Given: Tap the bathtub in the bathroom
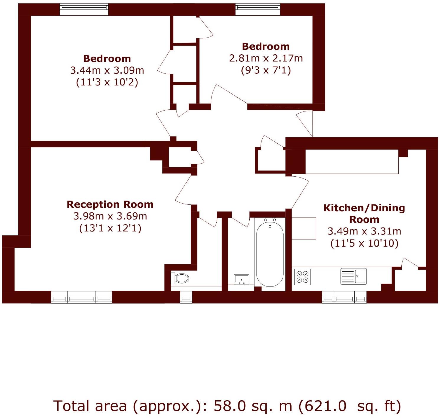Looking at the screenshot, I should point(270,254).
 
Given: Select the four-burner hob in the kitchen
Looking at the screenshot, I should point(302,277).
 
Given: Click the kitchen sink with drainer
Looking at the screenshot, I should point(354,276).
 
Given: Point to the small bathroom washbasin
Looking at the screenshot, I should point(241,279).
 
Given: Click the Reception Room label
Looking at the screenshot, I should point(110,204).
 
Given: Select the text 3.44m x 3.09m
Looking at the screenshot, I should point(107,70).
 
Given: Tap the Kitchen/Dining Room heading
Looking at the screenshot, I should point(364,214).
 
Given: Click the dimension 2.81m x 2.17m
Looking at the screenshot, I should point(266,58).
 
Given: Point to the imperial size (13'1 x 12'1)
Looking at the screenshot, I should point(110,228).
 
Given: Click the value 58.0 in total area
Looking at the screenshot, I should point(230,406).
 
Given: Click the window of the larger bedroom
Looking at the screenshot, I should point(84,9).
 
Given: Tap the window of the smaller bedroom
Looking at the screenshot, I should point(257,9).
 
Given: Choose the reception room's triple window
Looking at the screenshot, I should point(81,297).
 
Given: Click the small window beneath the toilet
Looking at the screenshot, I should point(186,297).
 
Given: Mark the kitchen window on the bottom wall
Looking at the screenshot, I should point(344,297).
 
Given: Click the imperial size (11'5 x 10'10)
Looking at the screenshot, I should point(364,243).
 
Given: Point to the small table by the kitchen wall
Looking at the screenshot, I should point(304,228).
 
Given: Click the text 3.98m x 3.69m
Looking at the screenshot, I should point(110,216).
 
